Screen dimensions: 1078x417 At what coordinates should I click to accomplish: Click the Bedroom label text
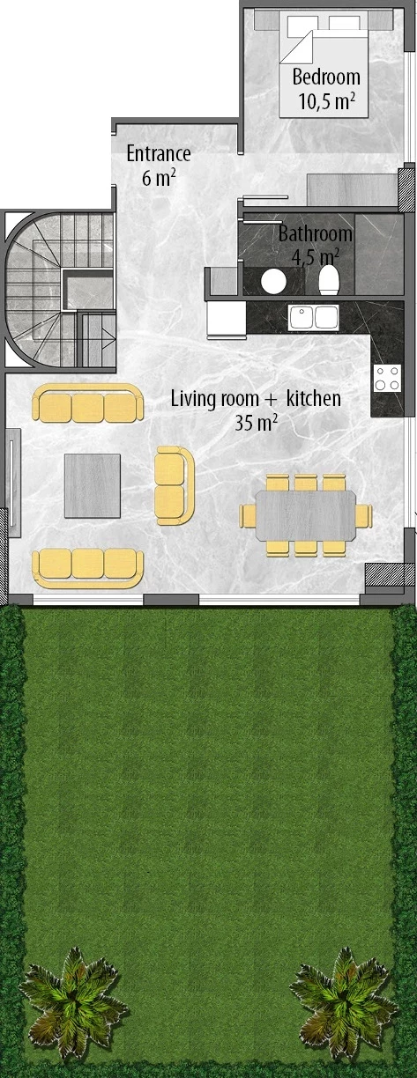click(x=326, y=77)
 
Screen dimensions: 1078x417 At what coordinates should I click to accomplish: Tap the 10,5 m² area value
click(x=326, y=101)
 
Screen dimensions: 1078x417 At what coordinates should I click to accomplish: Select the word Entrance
click(x=159, y=153)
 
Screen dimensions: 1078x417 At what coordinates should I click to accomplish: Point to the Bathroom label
click(x=316, y=234)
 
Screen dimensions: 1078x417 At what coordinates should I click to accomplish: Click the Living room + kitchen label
click(x=256, y=399)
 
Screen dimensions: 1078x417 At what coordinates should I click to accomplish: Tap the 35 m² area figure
click(x=256, y=423)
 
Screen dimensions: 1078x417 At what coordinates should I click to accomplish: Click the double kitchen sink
click(x=313, y=317)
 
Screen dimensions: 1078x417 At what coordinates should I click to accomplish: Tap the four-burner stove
click(x=386, y=378)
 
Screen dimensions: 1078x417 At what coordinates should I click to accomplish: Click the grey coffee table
click(x=92, y=484)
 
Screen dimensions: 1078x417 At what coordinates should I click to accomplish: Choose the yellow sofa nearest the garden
click(x=87, y=566)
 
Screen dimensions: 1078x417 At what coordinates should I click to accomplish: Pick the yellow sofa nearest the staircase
click(x=87, y=404)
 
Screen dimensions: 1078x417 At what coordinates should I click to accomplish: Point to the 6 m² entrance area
click(x=159, y=177)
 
